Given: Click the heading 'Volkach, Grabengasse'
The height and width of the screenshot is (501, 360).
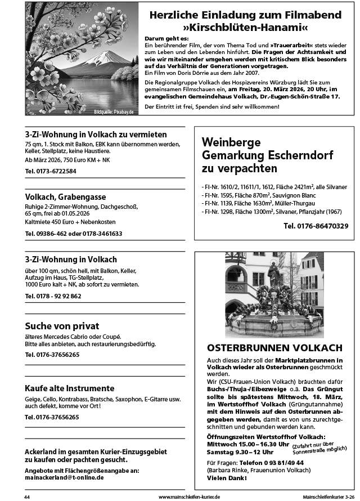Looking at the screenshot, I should point(65,196).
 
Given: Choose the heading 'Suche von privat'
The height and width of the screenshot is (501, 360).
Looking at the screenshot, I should point(62,326).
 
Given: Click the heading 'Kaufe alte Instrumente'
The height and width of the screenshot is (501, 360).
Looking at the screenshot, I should point(70,388).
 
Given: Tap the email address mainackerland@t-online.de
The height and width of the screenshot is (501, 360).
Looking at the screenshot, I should point(64,477).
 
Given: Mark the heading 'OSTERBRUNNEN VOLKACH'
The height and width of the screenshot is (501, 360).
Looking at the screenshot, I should point(274,347).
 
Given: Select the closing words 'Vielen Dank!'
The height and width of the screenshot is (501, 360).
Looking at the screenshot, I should point(227,478).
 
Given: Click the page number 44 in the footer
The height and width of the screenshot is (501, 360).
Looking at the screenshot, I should point(27,497).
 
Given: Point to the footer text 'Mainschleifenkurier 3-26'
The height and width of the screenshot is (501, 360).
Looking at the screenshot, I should point(328,497).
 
